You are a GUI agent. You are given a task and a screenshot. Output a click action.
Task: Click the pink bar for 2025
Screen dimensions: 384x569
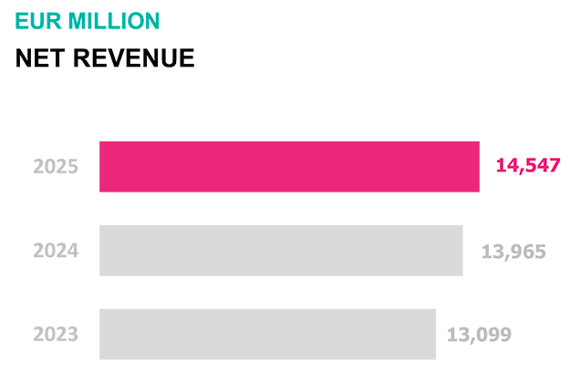point(289,167)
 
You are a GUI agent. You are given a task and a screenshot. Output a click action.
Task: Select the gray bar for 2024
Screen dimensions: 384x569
point(281,251)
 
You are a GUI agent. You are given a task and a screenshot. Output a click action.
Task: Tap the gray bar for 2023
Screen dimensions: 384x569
point(267,334)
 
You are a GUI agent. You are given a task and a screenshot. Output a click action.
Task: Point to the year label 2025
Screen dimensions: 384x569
point(56,167)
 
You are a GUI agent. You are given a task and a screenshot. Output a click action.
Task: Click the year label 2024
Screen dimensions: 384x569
point(56,251)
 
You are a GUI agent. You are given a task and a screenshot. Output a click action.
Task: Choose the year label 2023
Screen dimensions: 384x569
point(56,334)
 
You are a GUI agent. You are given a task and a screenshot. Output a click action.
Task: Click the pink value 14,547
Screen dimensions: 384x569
point(528,166)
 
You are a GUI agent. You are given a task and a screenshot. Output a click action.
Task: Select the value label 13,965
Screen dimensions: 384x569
point(513,251)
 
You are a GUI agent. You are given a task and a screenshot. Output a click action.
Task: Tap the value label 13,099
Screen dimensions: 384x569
point(479,334)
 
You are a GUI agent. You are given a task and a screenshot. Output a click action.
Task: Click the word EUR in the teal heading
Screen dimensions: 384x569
point(35,21)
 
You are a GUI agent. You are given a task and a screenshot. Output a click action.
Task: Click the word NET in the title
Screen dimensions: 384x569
point(40,58)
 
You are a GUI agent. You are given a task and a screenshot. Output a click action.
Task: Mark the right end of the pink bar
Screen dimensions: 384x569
point(477,167)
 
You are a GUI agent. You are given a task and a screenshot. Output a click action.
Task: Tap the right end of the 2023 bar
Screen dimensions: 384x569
point(433,334)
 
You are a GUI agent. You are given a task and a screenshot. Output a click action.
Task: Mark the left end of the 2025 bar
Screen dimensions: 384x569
point(102,167)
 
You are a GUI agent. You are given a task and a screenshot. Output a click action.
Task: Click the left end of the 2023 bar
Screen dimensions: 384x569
point(102,334)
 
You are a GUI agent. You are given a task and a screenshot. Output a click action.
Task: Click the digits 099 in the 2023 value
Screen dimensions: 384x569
point(493,334)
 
